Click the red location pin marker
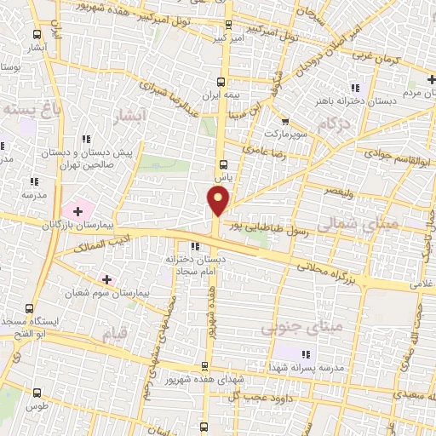(219, 201)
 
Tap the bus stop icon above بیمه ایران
(221, 83)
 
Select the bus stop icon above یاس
(224, 164)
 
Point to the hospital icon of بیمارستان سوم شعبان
(106, 278)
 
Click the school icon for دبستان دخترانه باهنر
(356, 87)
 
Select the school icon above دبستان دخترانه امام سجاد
(195, 247)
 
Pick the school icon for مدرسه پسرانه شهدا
(306, 354)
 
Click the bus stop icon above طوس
(37, 393)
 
